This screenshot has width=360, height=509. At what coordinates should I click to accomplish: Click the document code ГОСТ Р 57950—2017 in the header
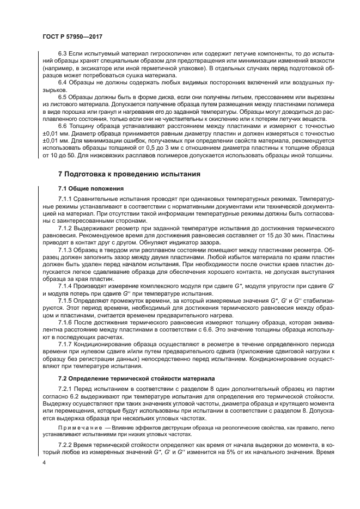click(72, 36)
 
